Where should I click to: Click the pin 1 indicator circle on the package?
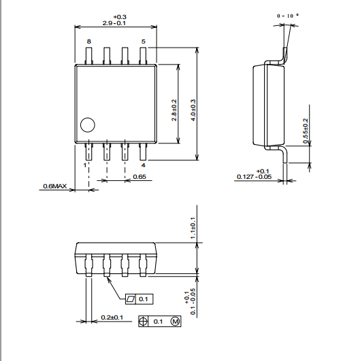tap(88, 125)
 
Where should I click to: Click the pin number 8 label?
tap(89, 41)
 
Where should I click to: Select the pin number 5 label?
tap(144, 41)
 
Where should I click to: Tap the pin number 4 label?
tap(144, 165)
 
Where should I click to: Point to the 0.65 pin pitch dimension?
tap(140, 177)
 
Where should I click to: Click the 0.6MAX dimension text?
tap(55, 186)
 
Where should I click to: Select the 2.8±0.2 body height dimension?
tap(174, 110)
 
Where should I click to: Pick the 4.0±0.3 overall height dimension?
tap(193, 110)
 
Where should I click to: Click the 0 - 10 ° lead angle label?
tap(288, 16)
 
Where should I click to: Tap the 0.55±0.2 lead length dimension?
tap(306, 131)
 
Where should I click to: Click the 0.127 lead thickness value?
tap(245, 177)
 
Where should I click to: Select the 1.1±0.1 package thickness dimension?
tap(193, 228)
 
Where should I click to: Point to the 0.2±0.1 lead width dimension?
tap(112, 317)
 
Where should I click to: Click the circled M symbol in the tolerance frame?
tap(175, 321)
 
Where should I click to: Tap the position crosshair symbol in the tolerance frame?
tap(143, 321)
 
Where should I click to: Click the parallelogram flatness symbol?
tap(131, 299)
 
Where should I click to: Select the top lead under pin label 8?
tap(89, 56)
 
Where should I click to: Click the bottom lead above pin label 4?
tap(143, 152)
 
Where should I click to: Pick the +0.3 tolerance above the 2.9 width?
tap(120, 17)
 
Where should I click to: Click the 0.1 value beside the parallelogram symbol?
tap(144, 299)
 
